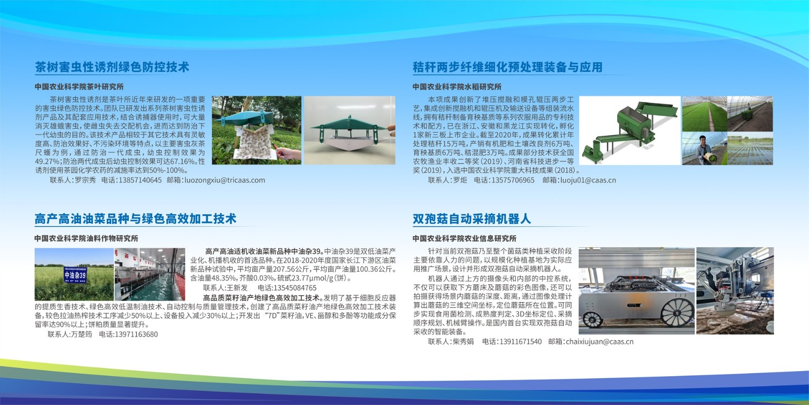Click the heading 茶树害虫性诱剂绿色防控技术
(112, 67)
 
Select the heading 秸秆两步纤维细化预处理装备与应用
(508, 67)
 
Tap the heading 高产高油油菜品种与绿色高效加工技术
(136, 219)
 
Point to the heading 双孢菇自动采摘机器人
(472, 219)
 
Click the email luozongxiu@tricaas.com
(224, 180)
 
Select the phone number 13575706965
(513, 180)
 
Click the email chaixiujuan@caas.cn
(600, 342)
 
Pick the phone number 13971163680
(136, 335)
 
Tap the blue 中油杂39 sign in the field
(75, 275)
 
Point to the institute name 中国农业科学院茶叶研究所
(79, 87)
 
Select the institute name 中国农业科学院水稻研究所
(457, 87)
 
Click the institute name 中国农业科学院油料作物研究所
(86, 238)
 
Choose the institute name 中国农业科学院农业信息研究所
(465, 238)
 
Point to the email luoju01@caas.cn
(588, 180)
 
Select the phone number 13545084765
(295, 288)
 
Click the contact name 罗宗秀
(85, 180)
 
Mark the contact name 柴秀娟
(463, 342)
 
